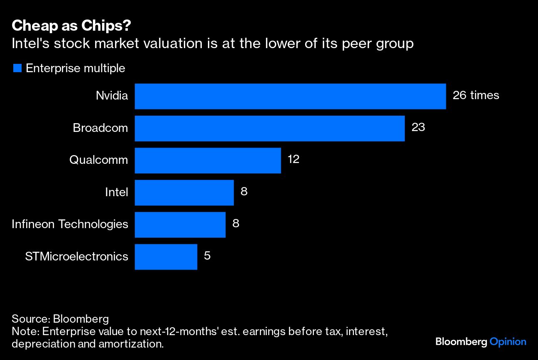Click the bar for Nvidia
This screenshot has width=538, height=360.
click(290, 96)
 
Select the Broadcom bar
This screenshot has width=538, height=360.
click(269, 128)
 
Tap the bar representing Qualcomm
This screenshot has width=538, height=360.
click(208, 160)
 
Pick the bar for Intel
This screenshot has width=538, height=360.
click(184, 192)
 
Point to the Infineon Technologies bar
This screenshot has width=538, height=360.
click(180, 224)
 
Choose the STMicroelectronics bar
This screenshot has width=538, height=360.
click(166, 257)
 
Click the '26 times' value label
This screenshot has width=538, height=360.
click(476, 95)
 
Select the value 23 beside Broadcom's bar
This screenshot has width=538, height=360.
click(418, 127)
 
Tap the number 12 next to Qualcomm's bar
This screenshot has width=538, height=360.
click(293, 159)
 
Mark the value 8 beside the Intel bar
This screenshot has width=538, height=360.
click(244, 192)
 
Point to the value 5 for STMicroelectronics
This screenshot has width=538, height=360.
click(207, 256)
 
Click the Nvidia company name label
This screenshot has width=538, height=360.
click(112, 96)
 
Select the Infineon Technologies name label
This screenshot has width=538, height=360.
click(70, 224)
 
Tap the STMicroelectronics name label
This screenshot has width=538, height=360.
click(76, 257)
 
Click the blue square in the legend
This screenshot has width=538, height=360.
click(17, 68)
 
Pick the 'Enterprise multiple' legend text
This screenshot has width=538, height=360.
click(75, 68)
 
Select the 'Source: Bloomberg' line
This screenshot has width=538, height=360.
click(60, 319)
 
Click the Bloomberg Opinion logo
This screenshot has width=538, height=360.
click(481, 342)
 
